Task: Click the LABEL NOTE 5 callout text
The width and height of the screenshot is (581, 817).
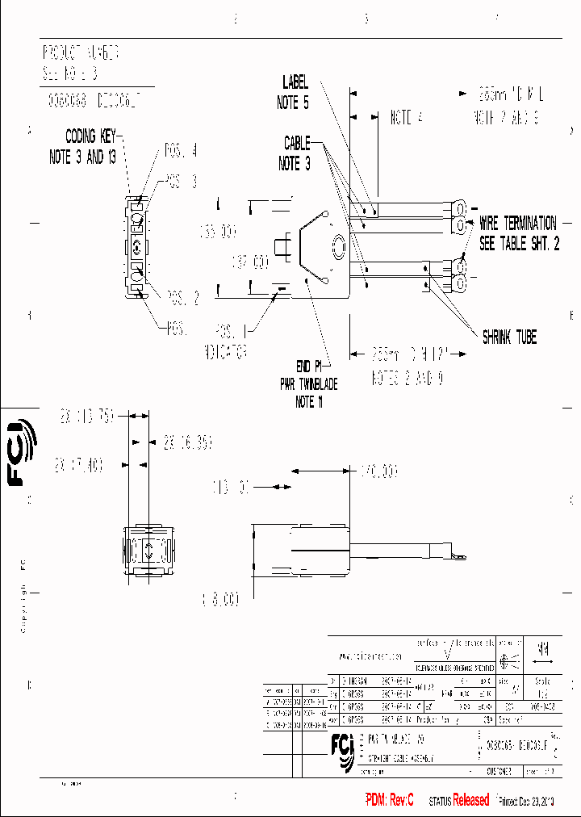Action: (x=295, y=92)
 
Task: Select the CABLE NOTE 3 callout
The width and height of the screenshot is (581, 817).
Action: (x=296, y=153)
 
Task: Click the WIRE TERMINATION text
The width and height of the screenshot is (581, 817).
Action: (x=517, y=222)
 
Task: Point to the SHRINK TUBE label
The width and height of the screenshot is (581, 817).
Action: (x=509, y=337)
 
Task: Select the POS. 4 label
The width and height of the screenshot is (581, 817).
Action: (x=181, y=150)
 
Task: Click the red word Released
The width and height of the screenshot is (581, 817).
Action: (x=470, y=800)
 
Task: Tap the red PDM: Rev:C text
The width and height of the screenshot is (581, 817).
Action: (x=390, y=800)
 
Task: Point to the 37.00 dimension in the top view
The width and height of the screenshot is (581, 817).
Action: (x=249, y=263)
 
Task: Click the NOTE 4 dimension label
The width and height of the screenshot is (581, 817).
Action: (x=407, y=118)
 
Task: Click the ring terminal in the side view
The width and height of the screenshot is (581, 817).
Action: (x=460, y=556)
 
